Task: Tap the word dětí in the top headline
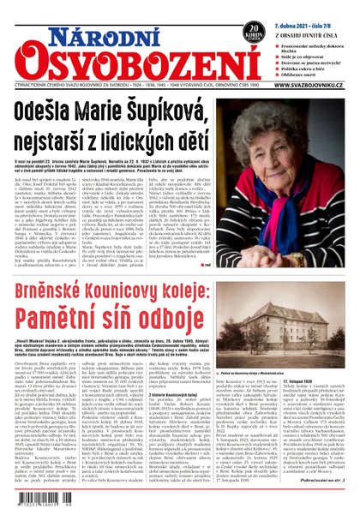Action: coord(185,138)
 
